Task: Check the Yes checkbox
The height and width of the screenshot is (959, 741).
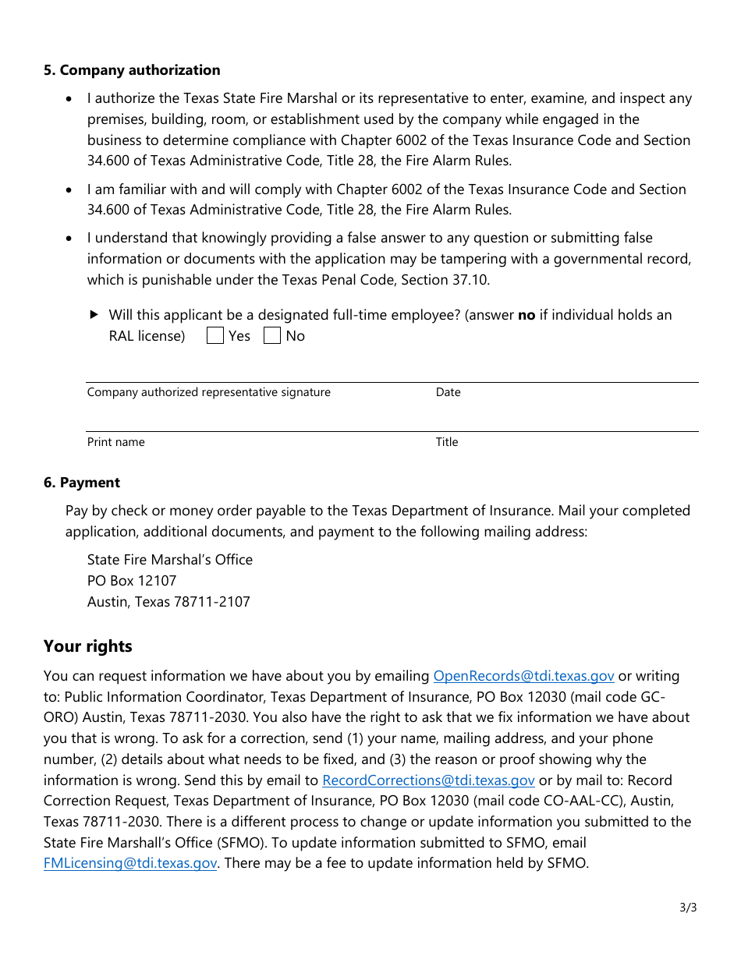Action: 215,336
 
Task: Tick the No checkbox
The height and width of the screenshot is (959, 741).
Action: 272,336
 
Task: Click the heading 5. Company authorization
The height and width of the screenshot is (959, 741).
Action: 132,70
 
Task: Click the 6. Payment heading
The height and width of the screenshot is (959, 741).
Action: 82,483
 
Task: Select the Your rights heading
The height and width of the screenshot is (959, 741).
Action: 88,646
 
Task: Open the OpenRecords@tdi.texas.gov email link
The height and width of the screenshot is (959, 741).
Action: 523,676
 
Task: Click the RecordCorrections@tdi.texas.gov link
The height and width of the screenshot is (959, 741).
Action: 428,780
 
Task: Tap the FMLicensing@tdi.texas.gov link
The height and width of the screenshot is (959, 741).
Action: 130,863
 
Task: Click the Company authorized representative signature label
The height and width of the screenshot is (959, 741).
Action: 208,392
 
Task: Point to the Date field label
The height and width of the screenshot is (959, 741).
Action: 448,392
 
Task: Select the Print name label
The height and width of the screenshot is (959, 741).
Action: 115,442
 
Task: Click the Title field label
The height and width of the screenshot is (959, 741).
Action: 447,442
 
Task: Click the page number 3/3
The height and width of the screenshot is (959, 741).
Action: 688,908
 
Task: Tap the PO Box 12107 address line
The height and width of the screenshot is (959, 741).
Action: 132,581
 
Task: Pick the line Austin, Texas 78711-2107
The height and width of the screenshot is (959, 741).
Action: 168,602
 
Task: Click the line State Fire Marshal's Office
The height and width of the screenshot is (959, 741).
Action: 170,560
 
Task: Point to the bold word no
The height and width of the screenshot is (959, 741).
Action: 526,315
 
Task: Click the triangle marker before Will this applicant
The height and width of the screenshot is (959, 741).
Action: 94,315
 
